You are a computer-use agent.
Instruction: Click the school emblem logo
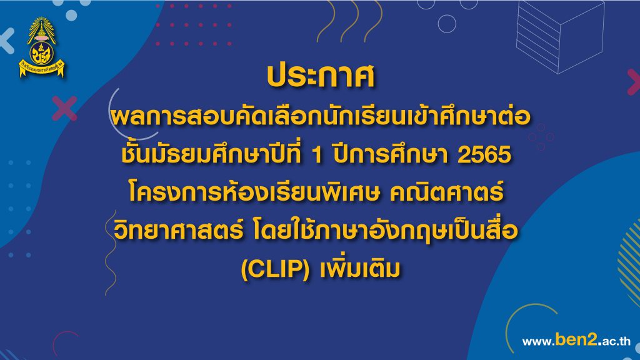click(41, 47)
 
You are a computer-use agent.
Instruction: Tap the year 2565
click(484, 155)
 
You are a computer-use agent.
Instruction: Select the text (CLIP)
click(276, 269)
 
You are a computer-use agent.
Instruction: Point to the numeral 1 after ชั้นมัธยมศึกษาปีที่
click(317, 155)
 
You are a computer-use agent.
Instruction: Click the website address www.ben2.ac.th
click(576, 341)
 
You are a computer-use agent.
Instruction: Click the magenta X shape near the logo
click(64, 109)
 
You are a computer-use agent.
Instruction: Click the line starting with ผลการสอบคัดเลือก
click(321, 117)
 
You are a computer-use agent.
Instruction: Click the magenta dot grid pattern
click(194, 24)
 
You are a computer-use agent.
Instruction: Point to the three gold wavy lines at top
click(349, 21)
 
